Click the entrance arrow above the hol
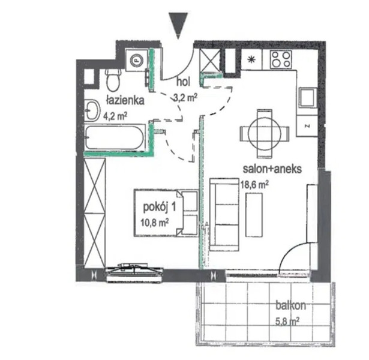point(178,25)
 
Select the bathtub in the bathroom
point(115,137)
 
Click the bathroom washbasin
point(92,110)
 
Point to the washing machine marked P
point(136,60)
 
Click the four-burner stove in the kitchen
point(281,59)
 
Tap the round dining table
point(265,134)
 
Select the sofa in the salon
point(224,214)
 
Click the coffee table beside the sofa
point(254,215)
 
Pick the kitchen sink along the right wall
point(308,98)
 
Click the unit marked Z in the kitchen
point(307,126)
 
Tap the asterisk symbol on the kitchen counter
point(251,59)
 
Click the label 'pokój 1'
point(160,208)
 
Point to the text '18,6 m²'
point(254,184)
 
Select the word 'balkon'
point(291,305)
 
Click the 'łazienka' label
point(125,100)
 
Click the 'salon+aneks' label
point(272,169)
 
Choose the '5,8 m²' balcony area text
point(287,321)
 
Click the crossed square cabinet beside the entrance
point(209,60)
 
